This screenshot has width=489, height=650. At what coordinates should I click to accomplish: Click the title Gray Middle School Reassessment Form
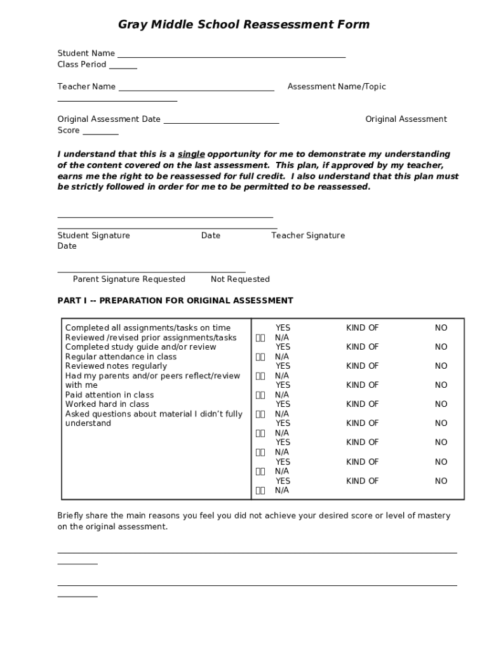pos(244,25)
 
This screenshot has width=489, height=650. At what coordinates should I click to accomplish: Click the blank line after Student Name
pos(231,55)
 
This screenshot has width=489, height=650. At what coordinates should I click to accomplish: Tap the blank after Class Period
pos(123,66)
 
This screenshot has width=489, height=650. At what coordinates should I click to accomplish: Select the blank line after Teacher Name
pos(196,88)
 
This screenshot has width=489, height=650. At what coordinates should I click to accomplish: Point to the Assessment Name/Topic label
pos(337,86)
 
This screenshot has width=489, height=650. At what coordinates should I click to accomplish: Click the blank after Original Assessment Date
pos(221,120)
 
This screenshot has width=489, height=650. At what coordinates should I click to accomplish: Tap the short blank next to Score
pos(100,131)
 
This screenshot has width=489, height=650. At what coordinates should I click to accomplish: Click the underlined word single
pos(191,154)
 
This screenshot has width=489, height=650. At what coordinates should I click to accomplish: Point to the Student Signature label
pos(93,235)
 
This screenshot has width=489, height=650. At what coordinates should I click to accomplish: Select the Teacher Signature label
pos(308,235)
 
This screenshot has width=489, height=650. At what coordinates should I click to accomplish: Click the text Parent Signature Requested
pos(129,279)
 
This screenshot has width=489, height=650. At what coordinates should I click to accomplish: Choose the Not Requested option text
pos(240,279)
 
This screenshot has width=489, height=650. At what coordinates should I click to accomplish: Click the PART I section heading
pos(175,300)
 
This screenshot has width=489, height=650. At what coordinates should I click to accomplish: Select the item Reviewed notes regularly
pos(116,366)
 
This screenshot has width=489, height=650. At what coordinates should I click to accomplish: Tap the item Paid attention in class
pos(109,395)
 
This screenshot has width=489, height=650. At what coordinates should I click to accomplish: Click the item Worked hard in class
pos(107,404)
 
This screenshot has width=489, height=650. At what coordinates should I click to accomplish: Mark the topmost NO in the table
pos(441,328)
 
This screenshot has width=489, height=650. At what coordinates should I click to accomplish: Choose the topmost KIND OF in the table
pos(362,328)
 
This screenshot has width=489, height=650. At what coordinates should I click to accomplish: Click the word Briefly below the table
pos(71,515)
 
